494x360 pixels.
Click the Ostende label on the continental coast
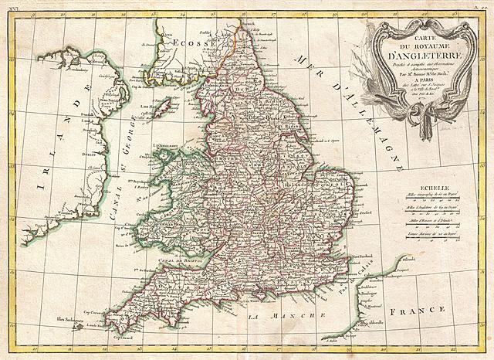[x=429, y=258]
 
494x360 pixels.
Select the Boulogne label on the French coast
[x=373, y=292]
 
